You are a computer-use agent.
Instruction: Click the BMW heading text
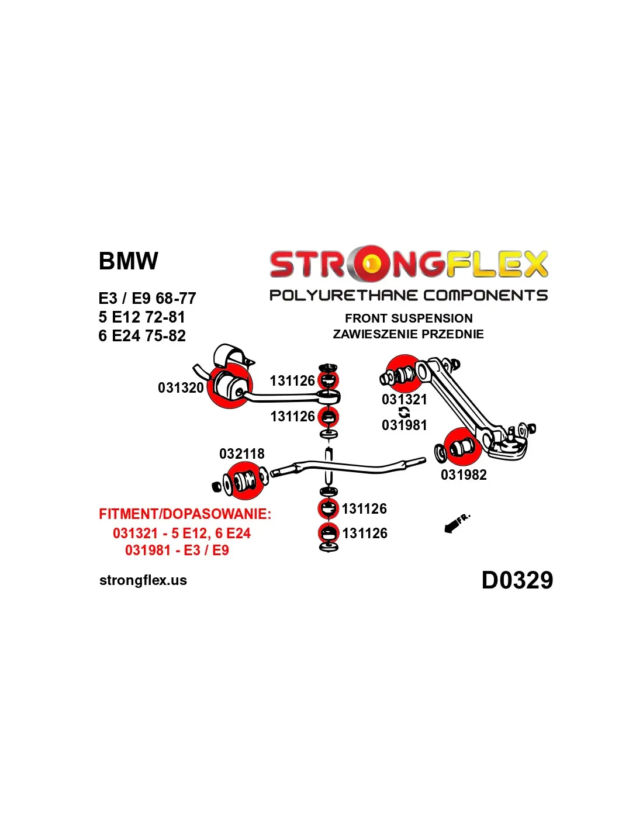point(128,261)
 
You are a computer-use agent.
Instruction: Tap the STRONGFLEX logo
point(408,264)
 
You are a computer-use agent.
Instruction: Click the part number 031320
point(181,388)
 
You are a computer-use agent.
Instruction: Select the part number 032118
point(241,454)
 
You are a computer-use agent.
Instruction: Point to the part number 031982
point(464,475)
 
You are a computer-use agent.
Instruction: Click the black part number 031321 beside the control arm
point(404,400)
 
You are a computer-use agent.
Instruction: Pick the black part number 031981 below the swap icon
point(404,425)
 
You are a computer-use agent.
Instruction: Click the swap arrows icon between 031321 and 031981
point(404,413)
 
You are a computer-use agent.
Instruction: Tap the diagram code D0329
point(517,580)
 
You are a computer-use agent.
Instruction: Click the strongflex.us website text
point(143,580)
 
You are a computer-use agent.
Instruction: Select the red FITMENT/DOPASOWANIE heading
point(185,514)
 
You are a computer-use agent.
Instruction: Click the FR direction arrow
point(457,524)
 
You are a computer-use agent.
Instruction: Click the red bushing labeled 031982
point(462,447)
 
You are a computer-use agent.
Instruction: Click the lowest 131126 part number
point(365,534)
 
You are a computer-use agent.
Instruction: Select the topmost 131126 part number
point(292,381)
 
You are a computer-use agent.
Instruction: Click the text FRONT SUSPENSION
point(409,318)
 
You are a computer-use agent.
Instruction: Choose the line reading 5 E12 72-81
point(141,317)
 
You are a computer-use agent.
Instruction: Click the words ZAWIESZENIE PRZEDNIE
point(408,334)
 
